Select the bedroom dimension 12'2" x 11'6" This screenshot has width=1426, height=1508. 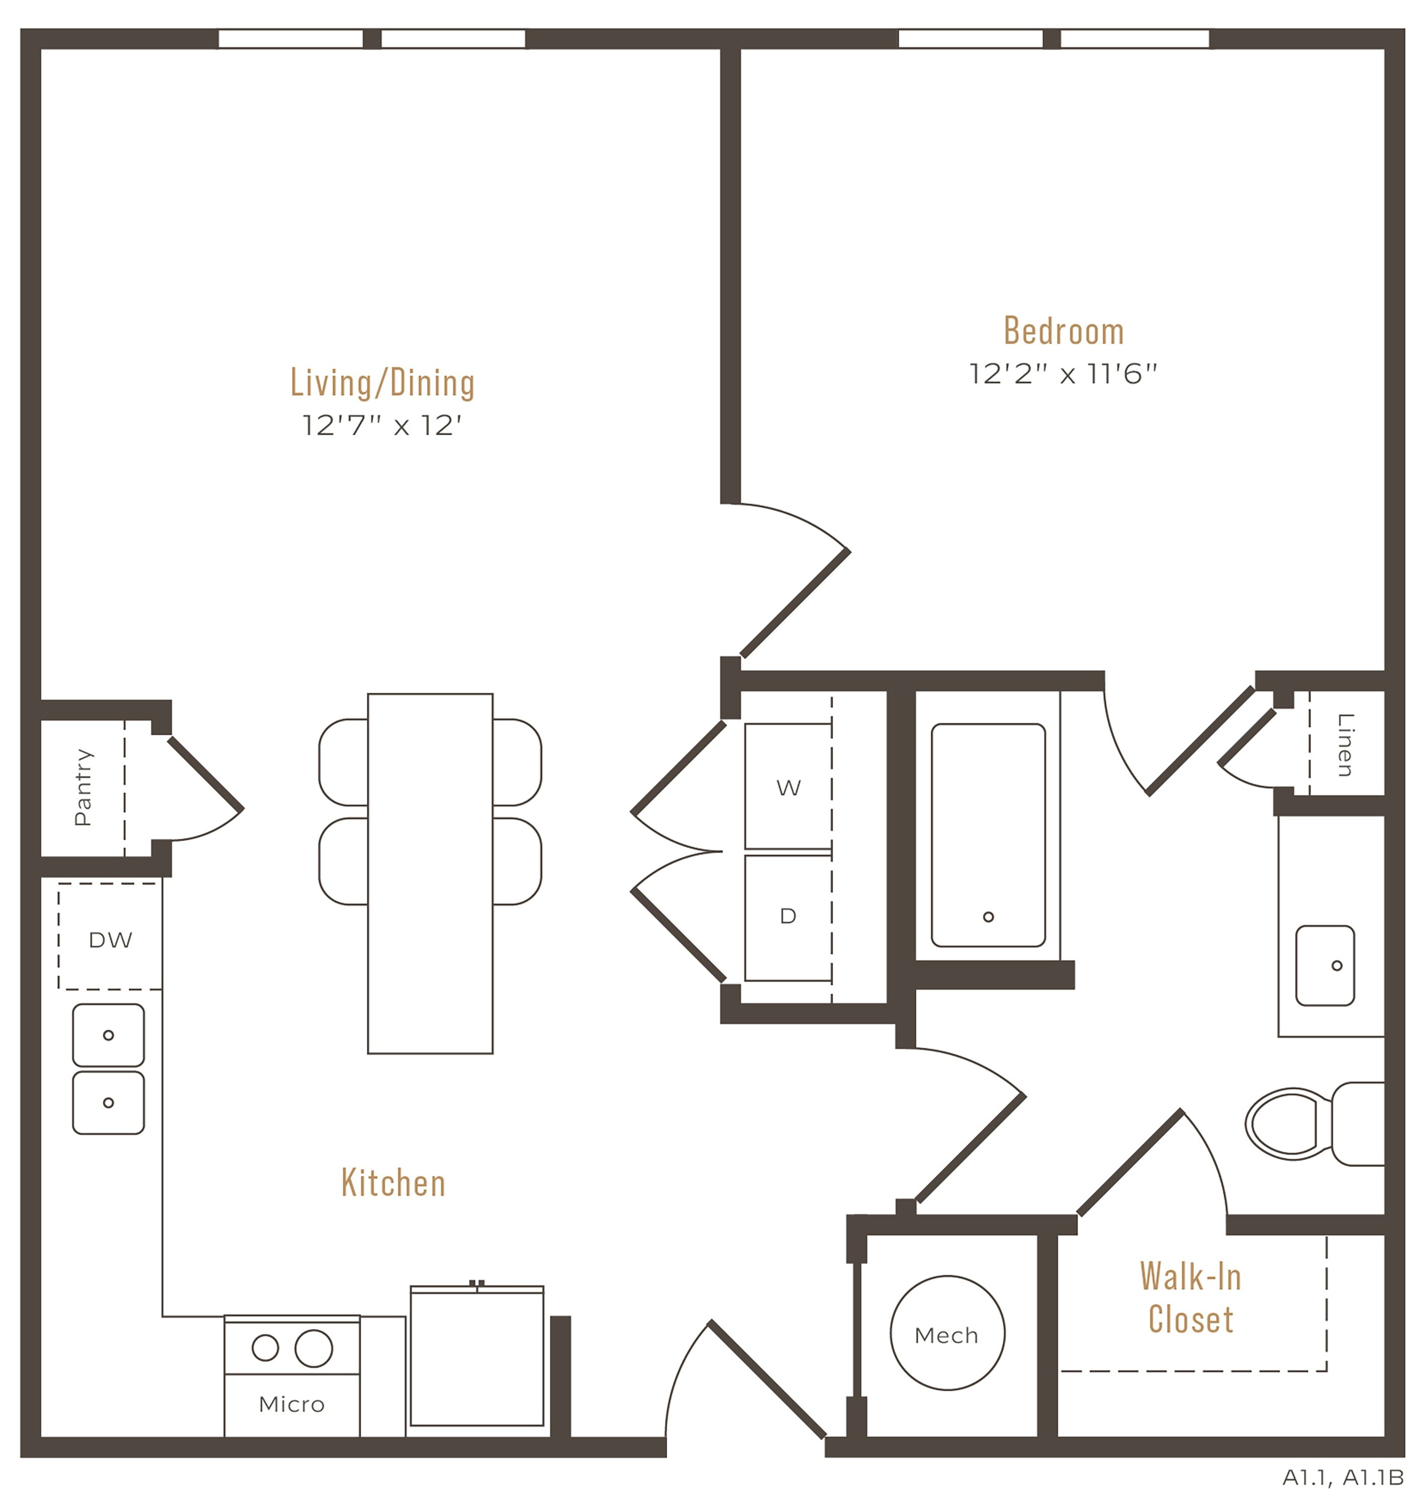pos(1063,374)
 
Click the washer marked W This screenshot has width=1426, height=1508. pos(788,786)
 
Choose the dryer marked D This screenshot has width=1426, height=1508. pos(788,918)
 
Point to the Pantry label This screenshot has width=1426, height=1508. pos(83,787)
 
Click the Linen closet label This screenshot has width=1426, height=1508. pos(1345,744)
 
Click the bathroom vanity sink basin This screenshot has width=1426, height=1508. pos(1325,966)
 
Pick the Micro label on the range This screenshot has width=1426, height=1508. pos(292,1404)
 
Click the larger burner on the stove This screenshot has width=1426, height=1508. pos(314,1348)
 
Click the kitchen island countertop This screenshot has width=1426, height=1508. pos(430,873)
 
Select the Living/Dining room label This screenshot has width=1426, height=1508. pos(382,383)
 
